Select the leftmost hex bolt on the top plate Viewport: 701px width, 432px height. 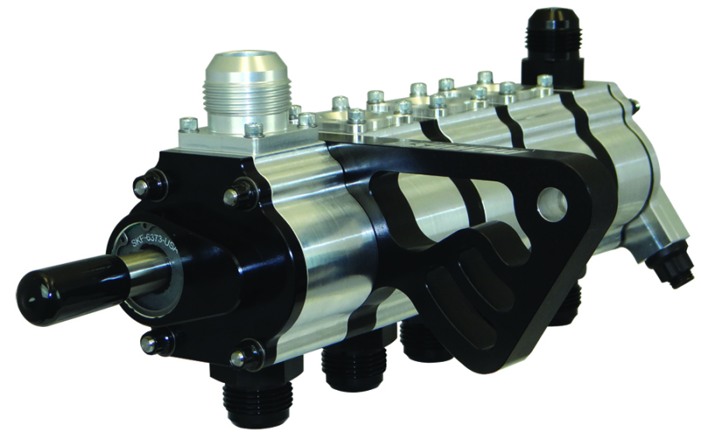[186, 124]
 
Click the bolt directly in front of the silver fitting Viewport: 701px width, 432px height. [253, 130]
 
